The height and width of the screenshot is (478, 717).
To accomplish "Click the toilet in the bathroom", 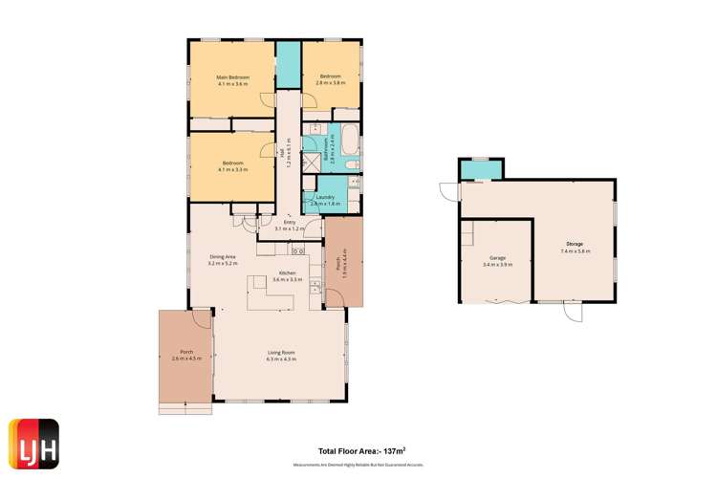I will tap(352, 167).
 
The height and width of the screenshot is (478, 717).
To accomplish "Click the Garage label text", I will tap(497, 258).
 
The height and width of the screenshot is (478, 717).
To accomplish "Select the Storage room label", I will tap(575, 245).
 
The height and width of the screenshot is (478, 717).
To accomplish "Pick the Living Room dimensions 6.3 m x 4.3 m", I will tap(281, 359).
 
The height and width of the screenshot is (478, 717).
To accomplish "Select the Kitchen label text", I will tap(285, 273).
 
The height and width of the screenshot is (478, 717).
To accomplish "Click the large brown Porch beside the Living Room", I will tap(185, 356).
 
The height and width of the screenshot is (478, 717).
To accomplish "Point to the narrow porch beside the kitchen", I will tap(343, 261).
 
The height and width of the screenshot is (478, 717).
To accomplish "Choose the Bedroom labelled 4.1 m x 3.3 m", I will tap(232, 164).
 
